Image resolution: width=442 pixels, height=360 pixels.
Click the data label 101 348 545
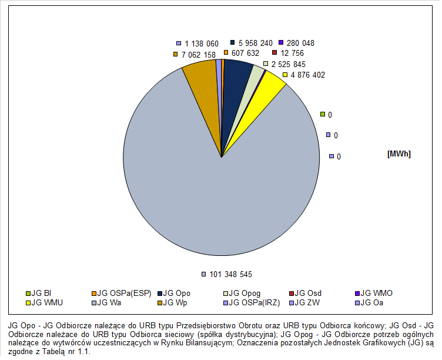pos(230,274)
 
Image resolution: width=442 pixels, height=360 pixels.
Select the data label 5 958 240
pos(255,43)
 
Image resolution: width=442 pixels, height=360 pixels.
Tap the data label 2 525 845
pos(288,64)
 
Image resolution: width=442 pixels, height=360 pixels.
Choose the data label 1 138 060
pos(201,44)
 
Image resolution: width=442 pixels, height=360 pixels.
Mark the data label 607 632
pos(245,53)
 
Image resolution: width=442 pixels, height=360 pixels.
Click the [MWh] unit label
pos(399,154)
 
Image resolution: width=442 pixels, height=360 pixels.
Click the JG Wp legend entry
pos(176,303)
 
